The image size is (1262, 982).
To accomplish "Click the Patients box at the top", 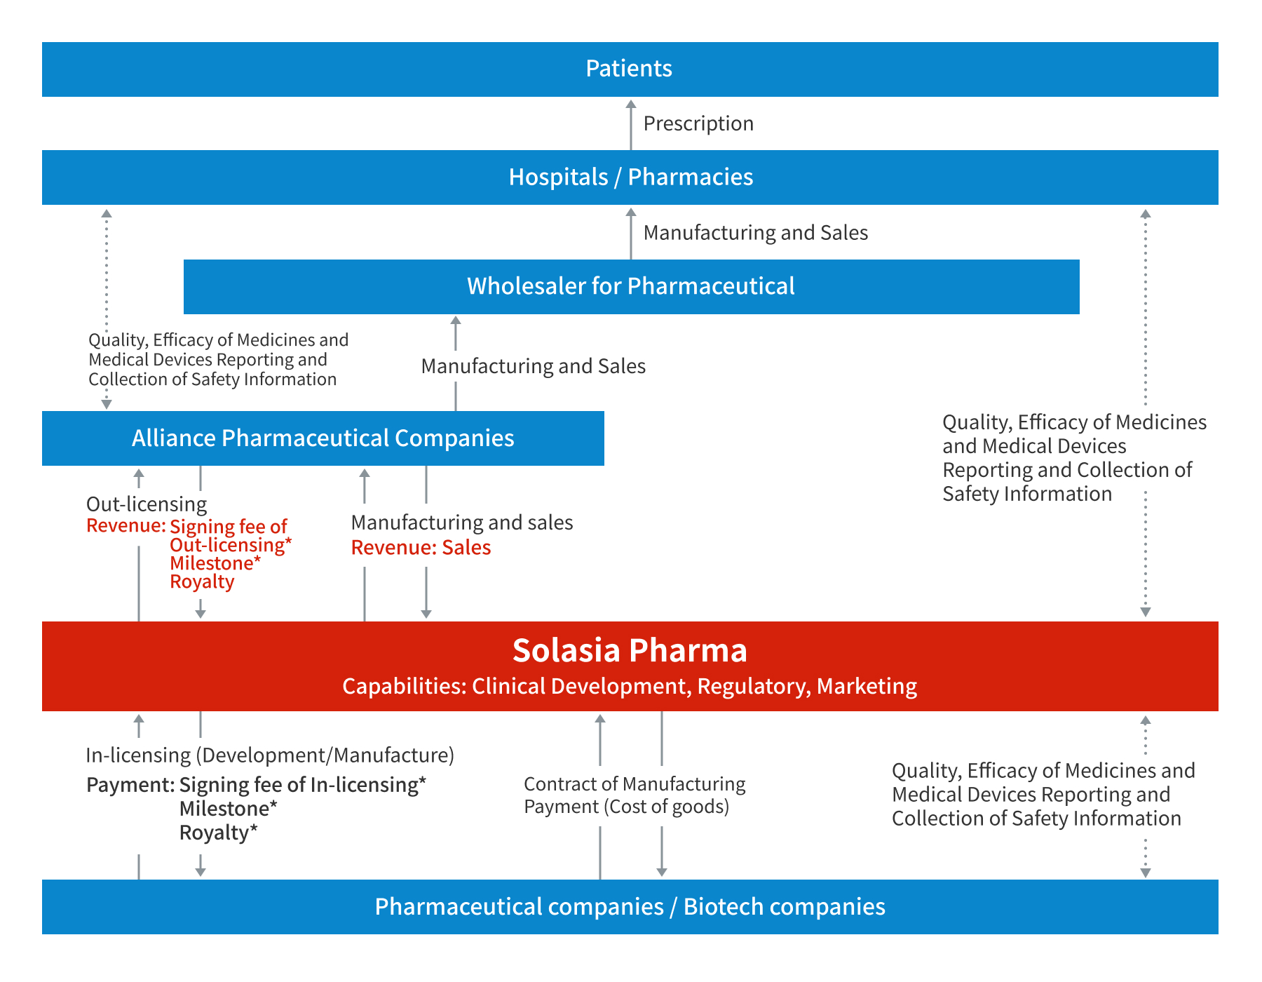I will tap(629, 69).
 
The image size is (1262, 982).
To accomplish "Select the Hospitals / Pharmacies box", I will tap(630, 177).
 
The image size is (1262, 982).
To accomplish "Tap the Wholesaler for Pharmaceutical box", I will tap(630, 286).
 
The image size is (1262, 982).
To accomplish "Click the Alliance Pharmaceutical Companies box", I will tap(323, 438).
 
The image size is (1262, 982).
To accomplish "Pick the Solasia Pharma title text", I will tap(630, 650).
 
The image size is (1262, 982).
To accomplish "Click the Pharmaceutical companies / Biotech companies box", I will tap(630, 906).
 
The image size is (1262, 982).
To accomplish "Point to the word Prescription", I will tap(698, 123).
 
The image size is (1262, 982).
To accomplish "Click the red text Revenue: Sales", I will tap(421, 547).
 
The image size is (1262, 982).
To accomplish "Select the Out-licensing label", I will tap(147, 504).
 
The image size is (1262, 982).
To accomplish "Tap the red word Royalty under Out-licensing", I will tap(202, 581).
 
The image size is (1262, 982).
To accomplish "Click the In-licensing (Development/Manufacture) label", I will tap(270, 755).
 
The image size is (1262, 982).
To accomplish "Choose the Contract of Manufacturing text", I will tap(635, 783).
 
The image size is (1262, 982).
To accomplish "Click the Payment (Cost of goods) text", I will tap(626, 807).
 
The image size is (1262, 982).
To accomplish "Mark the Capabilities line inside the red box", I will tap(630, 686).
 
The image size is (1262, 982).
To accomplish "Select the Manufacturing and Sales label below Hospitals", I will tap(755, 232).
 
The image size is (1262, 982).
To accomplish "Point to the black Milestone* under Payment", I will tap(228, 808).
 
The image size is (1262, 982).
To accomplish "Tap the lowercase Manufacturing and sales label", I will tap(462, 522).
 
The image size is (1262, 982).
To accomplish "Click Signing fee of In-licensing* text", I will tap(302, 784).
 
